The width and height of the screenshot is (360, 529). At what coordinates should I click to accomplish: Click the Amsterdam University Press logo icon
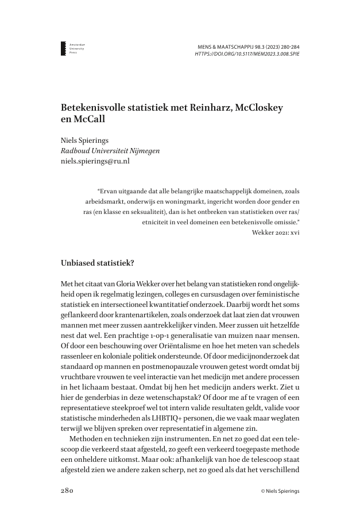pyautogui.click(x=64, y=48)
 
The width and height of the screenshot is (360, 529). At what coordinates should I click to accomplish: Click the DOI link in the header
pyautogui.click(x=247, y=54)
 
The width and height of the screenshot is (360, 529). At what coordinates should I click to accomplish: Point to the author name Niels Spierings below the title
pyautogui.click(x=84, y=140)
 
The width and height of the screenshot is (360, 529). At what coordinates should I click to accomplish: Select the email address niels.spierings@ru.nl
pyautogui.click(x=95, y=162)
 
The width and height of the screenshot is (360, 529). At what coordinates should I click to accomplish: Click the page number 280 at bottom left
pyautogui.click(x=68, y=491)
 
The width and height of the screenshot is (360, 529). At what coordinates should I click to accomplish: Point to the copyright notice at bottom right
pyautogui.click(x=280, y=492)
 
